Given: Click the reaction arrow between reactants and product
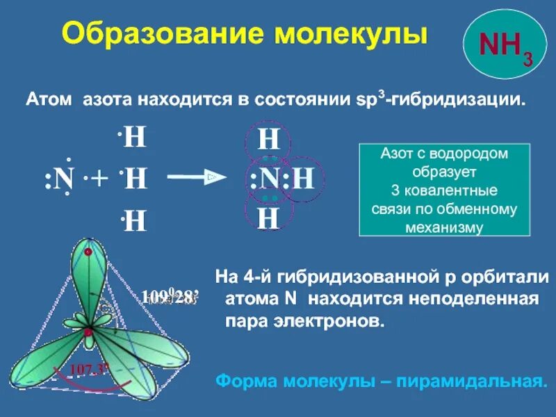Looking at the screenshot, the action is click(x=197, y=179).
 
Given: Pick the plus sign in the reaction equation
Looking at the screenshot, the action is click(x=99, y=179).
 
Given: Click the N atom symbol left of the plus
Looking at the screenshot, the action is click(x=65, y=180).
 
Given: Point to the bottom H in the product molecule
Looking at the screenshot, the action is click(x=268, y=218).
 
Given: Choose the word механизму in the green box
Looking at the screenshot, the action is click(x=444, y=227).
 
